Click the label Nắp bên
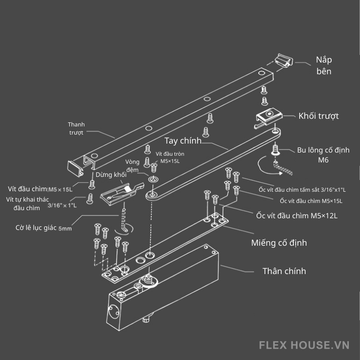point(324,65)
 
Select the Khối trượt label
point(319,116)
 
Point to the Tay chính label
point(183,141)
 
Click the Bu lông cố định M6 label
point(323,155)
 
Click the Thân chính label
point(284,271)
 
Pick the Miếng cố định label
point(279,243)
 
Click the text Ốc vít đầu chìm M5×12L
point(297,216)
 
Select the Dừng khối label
point(111,174)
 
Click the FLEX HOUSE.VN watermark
point(304,345)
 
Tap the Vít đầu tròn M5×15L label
point(170,157)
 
